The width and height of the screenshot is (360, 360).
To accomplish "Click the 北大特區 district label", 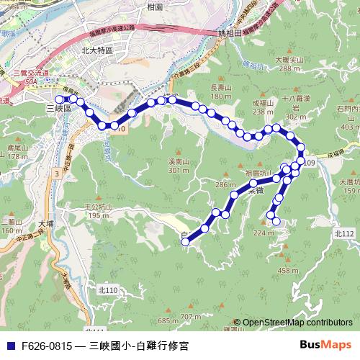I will pyautogui.click(x=97, y=50).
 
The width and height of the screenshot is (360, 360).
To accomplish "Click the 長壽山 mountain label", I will pyautogui.click(x=221, y=88).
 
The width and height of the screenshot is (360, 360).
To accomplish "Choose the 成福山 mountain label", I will pyautogui.click(x=264, y=104).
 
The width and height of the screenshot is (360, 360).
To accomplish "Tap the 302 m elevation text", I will pyautogui.click(x=295, y=116).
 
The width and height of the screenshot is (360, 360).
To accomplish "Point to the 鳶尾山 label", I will pyautogui.click(x=17, y=147).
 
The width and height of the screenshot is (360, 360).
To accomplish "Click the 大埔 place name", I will pyautogui.click(x=46, y=224).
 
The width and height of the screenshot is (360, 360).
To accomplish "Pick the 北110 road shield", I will pyautogui.click(x=106, y=289).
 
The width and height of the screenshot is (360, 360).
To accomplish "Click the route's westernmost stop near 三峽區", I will pyautogui.click(x=59, y=100).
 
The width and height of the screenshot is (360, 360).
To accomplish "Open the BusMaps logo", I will pyautogui.click(x=325, y=345).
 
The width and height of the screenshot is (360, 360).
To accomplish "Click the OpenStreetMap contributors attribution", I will pyautogui.click(x=296, y=323).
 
